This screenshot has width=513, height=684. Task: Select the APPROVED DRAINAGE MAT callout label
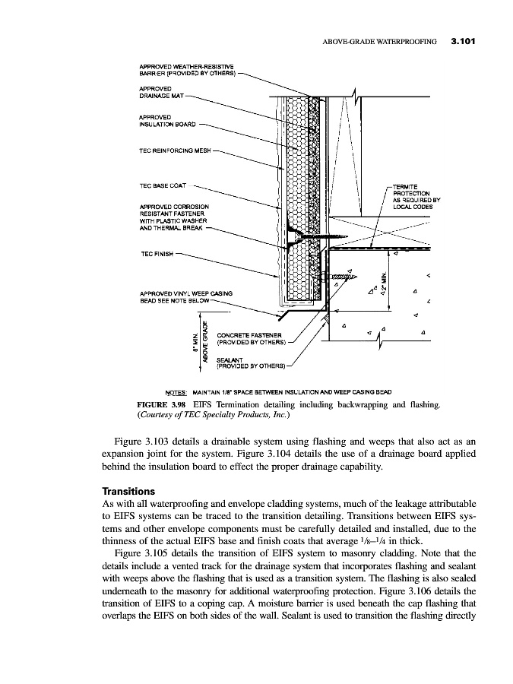coord(161,93)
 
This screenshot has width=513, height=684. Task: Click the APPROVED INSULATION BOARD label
coord(167,120)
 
